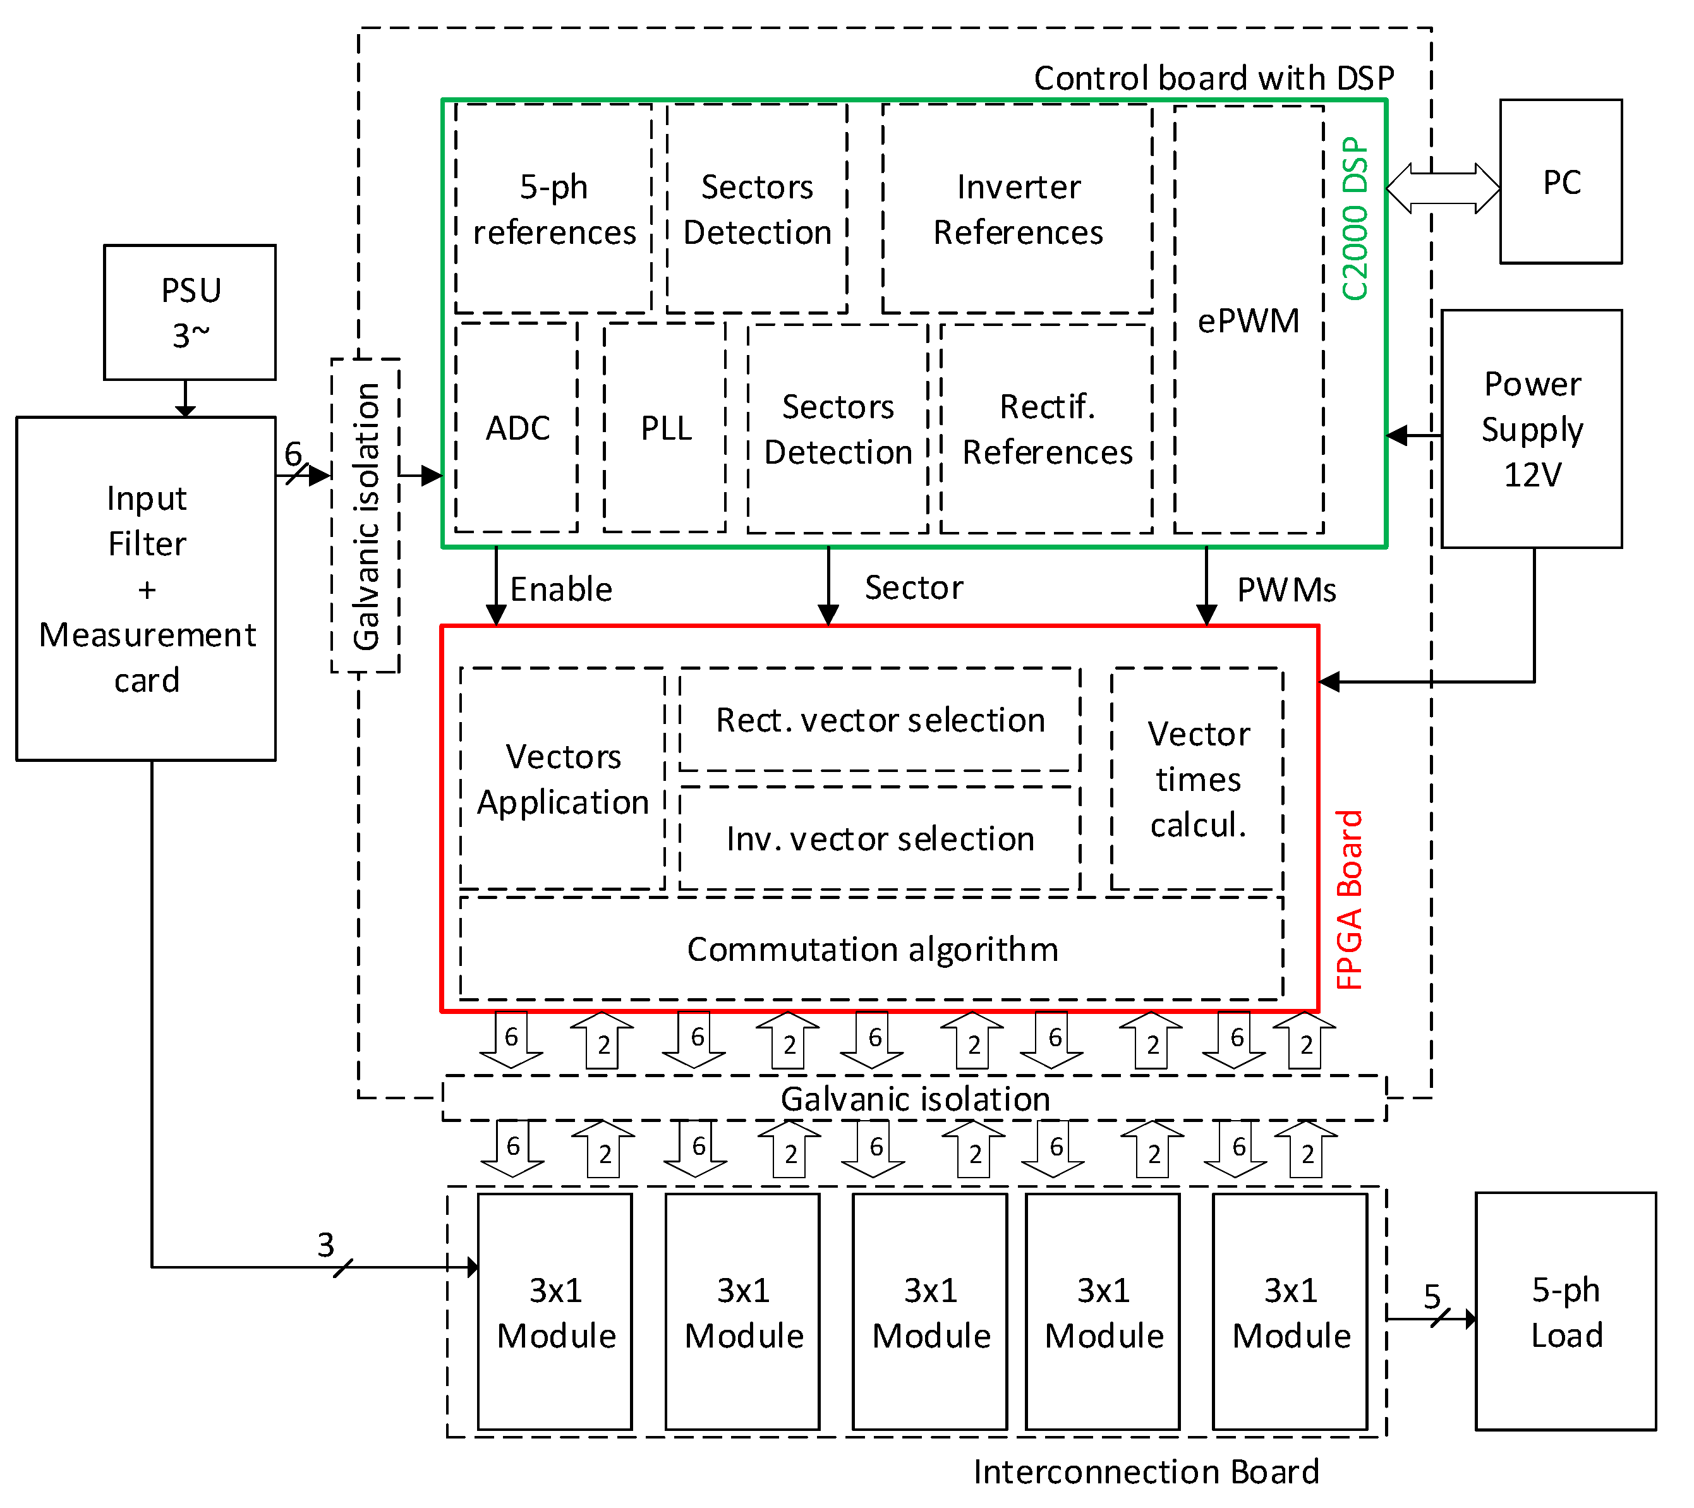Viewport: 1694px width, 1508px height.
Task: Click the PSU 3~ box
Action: pos(190,312)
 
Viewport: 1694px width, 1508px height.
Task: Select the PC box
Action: pos(1561,181)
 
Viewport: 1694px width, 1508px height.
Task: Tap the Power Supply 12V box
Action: pos(1532,428)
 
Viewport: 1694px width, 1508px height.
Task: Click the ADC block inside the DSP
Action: pos(516,428)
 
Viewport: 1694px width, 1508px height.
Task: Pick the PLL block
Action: pos(665,428)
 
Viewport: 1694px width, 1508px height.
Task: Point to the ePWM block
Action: pos(1248,320)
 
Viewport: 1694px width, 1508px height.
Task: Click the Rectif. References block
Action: pos(1047,428)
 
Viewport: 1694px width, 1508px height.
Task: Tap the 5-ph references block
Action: pos(553,209)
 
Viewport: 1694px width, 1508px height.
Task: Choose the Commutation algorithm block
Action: pos(872,949)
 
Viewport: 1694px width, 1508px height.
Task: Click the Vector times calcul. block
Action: pos(1197,779)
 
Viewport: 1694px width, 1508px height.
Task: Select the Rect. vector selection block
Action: pos(880,719)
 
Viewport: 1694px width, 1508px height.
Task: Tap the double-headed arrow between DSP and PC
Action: pos(1443,188)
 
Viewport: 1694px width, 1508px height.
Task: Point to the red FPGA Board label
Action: pos(1349,899)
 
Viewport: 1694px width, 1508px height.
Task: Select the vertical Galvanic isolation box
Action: pos(365,516)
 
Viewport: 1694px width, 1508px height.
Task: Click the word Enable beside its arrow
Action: pos(561,589)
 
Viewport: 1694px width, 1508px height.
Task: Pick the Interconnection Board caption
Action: pos(1146,1471)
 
